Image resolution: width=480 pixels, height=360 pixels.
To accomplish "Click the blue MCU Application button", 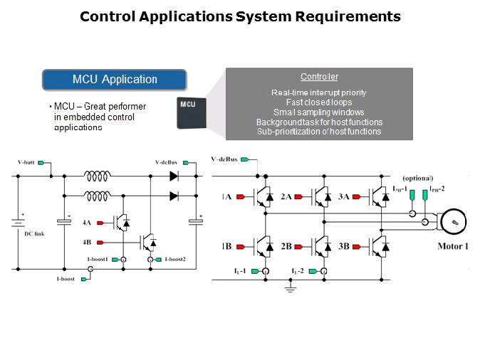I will tap(115, 79).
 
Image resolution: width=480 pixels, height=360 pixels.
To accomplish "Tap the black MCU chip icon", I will tap(188, 112).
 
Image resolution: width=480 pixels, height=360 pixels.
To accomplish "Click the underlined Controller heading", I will tap(319, 77).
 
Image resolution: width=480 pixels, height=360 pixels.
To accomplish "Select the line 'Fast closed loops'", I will tap(319, 102).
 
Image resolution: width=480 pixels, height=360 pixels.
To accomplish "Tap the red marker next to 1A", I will tap(241, 196).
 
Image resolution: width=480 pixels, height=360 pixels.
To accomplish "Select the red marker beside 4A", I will tap(100, 223).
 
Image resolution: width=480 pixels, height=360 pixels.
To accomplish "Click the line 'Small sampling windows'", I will tap(319, 112).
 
